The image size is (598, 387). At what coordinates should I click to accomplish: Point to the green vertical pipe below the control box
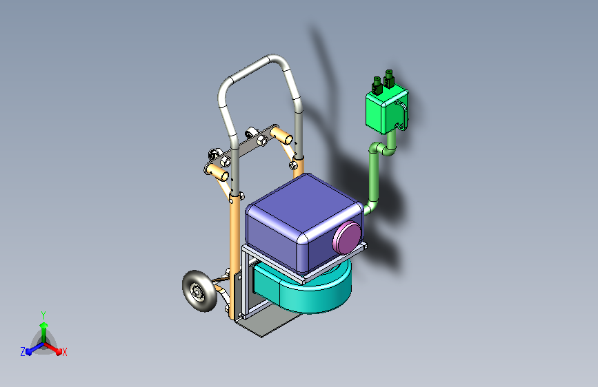pyautogui.click(x=374, y=176)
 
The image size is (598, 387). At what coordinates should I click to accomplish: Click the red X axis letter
pyautogui.click(x=65, y=352)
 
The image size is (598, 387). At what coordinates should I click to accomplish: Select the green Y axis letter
pyautogui.click(x=43, y=314)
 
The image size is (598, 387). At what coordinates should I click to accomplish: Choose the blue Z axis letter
pyautogui.click(x=23, y=352)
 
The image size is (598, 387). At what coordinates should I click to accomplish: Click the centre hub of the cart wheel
pyautogui.click(x=198, y=293)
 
